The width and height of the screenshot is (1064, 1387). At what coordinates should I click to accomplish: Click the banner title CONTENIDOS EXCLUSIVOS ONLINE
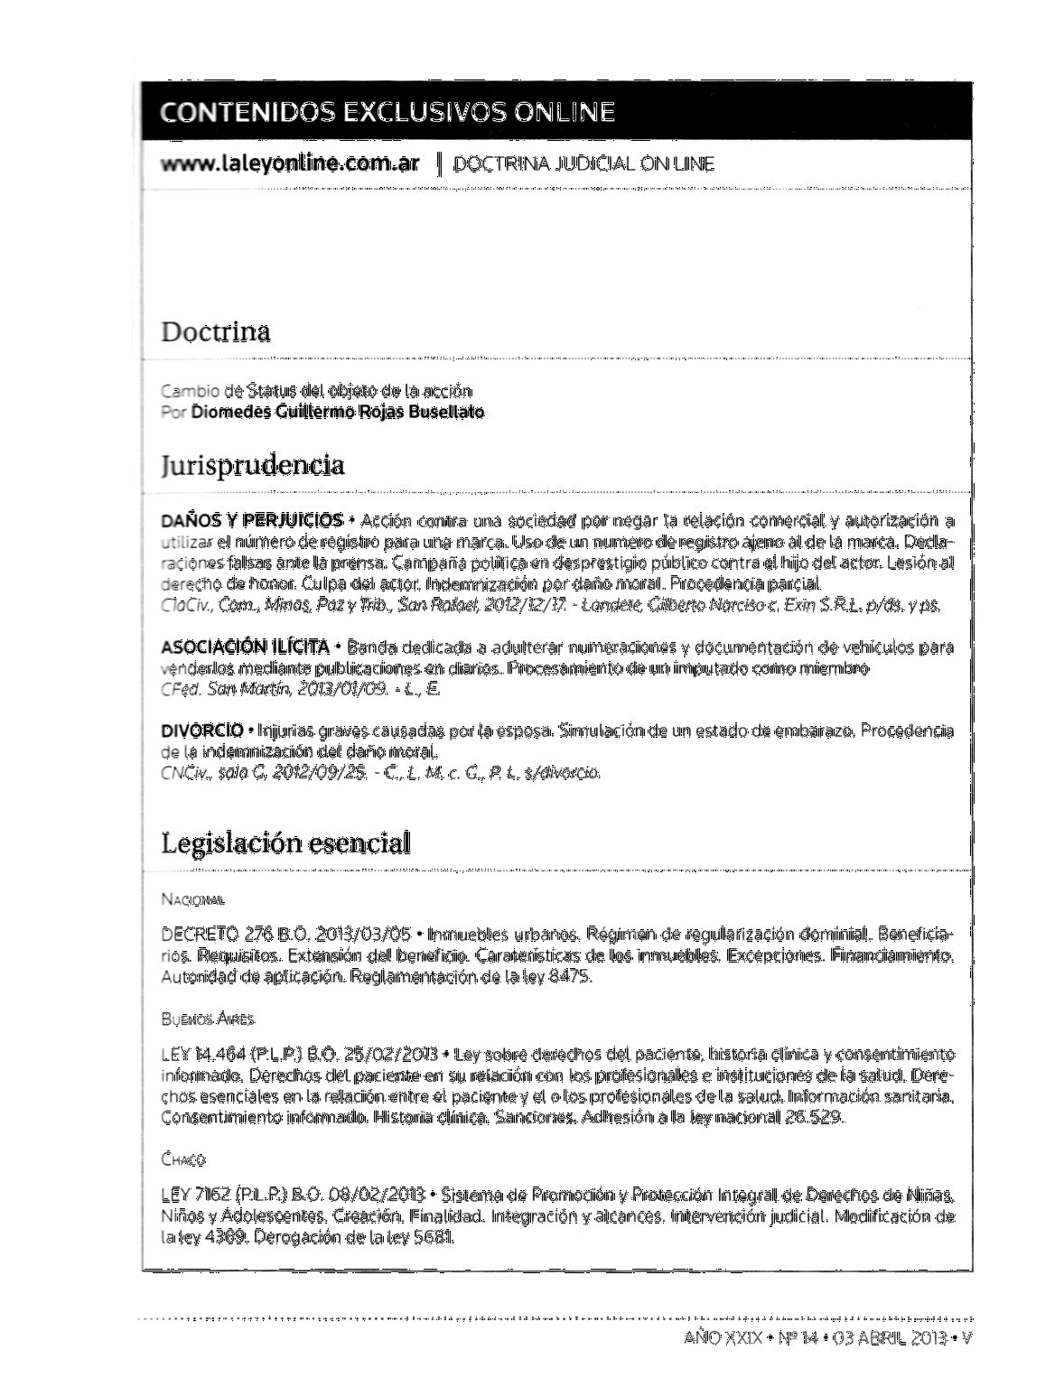coord(387,112)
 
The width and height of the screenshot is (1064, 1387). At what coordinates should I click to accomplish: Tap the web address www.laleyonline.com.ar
coord(290,163)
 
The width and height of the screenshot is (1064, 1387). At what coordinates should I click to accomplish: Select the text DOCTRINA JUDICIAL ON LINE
coord(583,164)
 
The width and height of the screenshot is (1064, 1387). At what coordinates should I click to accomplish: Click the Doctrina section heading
coord(216,331)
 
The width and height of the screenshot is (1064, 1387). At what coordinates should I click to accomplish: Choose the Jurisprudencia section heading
coord(253,465)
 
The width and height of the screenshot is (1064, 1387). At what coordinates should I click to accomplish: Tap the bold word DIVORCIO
coord(201,730)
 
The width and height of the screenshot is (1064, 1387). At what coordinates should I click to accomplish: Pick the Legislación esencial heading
coord(285,843)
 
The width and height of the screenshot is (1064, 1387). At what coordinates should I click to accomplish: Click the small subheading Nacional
coord(192,899)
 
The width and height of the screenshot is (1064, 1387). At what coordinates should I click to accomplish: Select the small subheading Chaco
coord(183,1159)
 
